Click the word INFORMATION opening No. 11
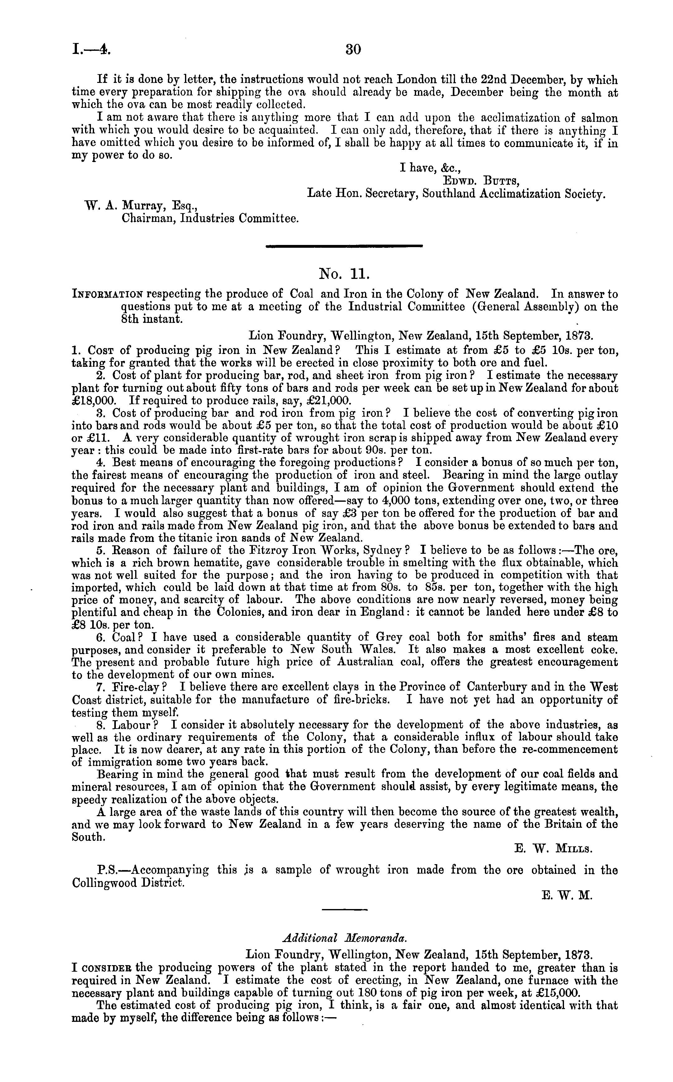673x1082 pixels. coord(108,295)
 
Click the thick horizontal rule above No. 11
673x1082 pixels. coord(343,245)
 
